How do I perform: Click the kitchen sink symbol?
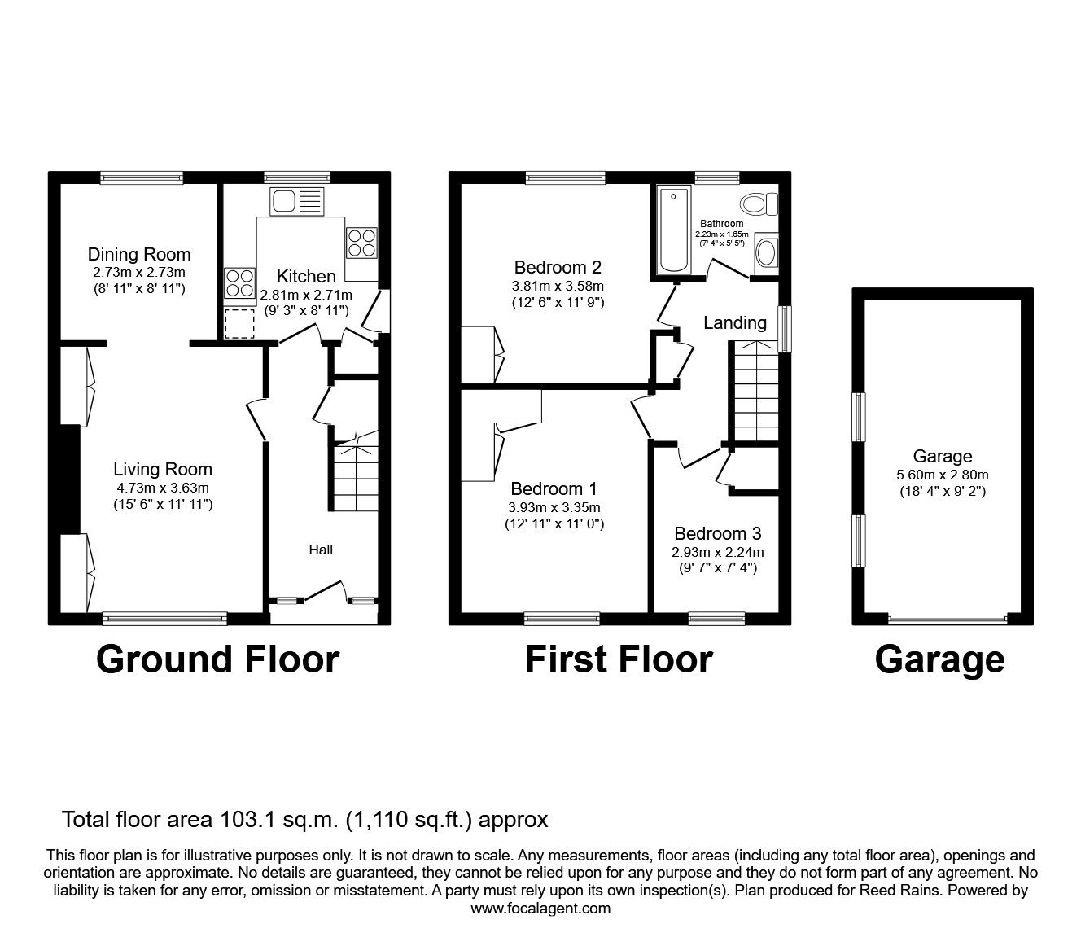coord(297,201)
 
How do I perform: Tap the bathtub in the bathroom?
coord(673,230)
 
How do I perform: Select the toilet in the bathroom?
coord(756,203)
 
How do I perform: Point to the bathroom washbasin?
coord(766,252)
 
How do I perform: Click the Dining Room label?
coord(139,254)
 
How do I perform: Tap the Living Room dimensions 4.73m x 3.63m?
coord(163,488)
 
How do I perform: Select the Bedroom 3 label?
coord(717,534)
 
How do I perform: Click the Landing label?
coord(734,322)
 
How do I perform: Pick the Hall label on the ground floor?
coord(321,550)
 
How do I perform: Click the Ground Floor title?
coord(217,659)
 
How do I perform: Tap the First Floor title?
coord(619,659)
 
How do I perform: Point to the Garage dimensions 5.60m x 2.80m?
coord(943,475)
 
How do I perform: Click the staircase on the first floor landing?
coord(757,392)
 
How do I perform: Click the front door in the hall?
coord(324,592)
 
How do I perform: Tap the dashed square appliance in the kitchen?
coord(239,323)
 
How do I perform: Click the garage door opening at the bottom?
coord(948,620)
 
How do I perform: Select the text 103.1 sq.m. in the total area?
coord(268,819)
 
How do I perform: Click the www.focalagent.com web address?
coord(540,909)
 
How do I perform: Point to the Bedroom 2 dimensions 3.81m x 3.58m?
coord(558,286)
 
